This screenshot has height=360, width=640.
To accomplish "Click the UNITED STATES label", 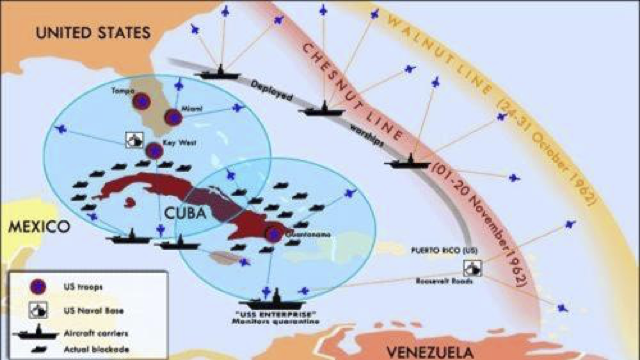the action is coord(93,33).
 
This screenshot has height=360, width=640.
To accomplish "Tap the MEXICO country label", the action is coord(39,227).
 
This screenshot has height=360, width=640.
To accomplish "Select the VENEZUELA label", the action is coord(430,352).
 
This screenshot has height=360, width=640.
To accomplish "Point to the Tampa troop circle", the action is coord(141,101).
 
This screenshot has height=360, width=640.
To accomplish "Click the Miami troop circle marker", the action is coord(173,117).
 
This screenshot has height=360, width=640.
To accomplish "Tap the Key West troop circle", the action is coord(155,150).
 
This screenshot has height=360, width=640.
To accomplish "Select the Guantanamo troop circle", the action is coord(273,235).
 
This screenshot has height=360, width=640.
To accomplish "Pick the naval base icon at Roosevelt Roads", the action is coord(473,268).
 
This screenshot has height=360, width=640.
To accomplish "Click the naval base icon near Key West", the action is coord(134,140).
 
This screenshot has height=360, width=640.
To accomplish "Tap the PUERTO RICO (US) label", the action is coord(444,251).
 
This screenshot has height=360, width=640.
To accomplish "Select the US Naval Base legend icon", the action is coord(38,310).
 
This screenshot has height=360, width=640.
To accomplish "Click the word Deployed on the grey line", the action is coord(271,91).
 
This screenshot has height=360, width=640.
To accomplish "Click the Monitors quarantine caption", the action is coord(276,321).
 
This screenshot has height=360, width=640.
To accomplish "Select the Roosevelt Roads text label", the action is coord(444,281).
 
